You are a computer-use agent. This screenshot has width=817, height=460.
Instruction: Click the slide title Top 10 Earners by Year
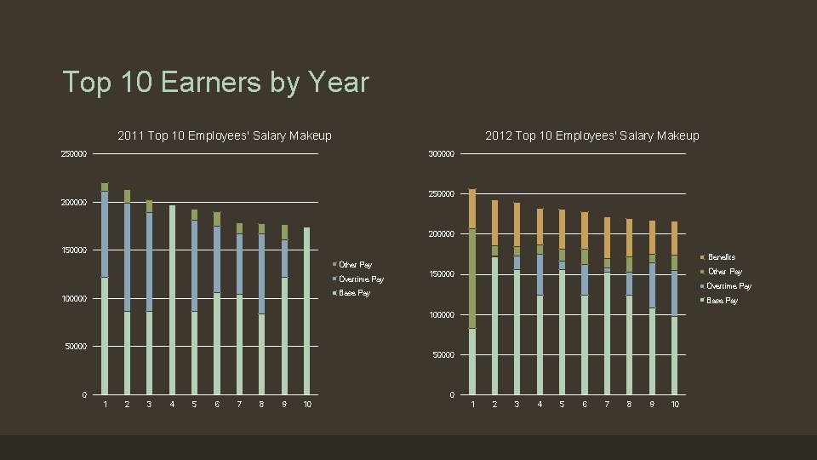215,83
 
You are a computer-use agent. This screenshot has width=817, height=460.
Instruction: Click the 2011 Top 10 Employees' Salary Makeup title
224,135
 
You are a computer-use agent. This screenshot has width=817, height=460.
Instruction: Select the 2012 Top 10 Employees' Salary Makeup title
591,135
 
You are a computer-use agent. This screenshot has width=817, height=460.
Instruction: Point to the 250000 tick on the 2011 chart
73,154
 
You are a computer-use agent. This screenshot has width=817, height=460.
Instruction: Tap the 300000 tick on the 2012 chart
441,154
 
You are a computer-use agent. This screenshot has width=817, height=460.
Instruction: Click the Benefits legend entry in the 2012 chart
721,256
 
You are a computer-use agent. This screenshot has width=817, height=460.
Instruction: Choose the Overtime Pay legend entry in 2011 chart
361,279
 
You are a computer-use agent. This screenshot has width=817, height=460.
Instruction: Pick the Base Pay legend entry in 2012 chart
722,300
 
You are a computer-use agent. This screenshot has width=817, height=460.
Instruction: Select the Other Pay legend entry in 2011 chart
355,265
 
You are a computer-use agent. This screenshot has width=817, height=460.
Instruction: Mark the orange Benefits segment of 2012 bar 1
472,209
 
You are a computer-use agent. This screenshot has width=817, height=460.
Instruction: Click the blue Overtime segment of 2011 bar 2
127,256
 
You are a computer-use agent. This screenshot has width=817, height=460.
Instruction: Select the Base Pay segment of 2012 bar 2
494,324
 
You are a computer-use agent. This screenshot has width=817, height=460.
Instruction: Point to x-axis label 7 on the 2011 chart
239,404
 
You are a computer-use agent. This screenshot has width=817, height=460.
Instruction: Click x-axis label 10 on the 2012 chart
674,404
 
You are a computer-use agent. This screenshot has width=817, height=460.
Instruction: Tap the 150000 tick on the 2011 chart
73,250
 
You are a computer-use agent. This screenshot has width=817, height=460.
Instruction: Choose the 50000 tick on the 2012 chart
443,354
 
